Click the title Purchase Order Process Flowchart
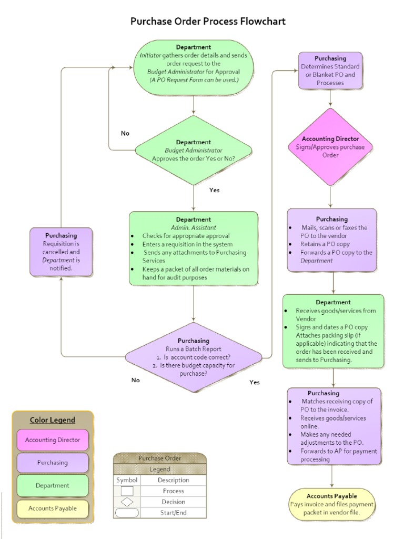(x=208, y=22)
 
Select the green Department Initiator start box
(x=194, y=67)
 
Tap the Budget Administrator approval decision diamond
(x=194, y=150)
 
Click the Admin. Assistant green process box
(x=194, y=248)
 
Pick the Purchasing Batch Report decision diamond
(x=193, y=357)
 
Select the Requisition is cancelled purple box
(x=61, y=252)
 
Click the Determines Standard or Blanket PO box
(x=330, y=71)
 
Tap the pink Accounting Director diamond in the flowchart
(x=330, y=147)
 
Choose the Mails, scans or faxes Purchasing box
(x=331, y=239)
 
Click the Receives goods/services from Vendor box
(x=333, y=331)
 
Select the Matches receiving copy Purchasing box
(x=334, y=426)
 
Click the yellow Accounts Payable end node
(x=332, y=504)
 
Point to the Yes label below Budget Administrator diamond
(x=214, y=190)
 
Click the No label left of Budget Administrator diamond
(x=125, y=133)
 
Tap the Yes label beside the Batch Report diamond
(x=255, y=382)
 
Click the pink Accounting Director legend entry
(x=53, y=440)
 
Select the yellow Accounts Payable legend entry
(x=53, y=508)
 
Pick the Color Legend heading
(x=53, y=420)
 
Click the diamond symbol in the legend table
(x=127, y=502)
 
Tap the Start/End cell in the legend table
(x=173, y=513)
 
